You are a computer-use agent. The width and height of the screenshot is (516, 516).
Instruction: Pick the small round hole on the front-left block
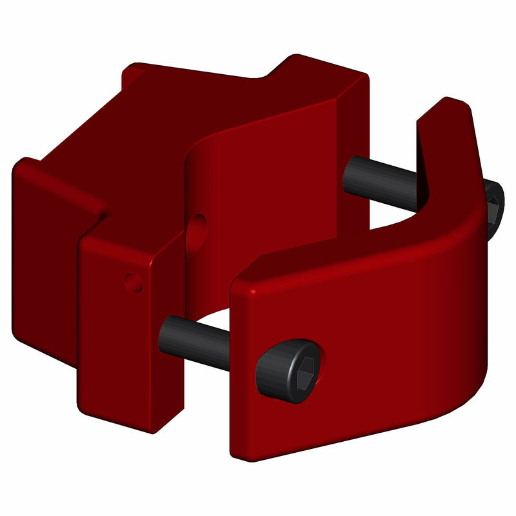tap(134, 282)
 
